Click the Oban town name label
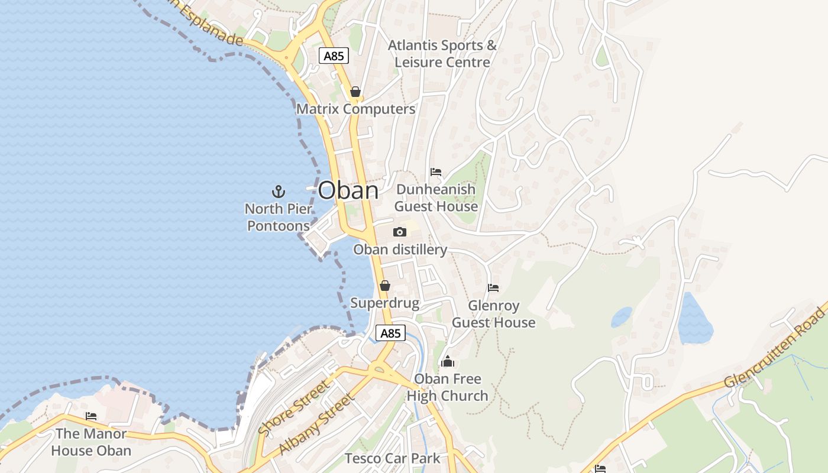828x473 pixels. tap(348, 190)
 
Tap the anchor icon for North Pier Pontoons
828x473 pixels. tap(278, 191)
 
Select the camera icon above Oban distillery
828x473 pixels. tap(400, 232)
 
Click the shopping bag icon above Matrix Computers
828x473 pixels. tap(355, 92)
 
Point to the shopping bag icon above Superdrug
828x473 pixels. tap(385, 286)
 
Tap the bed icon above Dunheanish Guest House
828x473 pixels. tap(436, 172)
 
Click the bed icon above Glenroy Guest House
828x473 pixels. tap(493, 288)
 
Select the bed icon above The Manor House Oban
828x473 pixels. tap(91, 416)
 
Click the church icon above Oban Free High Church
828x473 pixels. tap(448, 361)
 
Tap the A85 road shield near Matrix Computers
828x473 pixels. tap(334, 56)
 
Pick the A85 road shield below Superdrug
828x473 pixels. tap(390, 333)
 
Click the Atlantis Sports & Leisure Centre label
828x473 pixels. tap(442, 54)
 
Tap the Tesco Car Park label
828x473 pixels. tap(392, 458)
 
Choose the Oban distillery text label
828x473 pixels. tap(400, 250)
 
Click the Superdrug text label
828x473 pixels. tap(384, 303)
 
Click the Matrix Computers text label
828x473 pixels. tap(355, 109)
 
